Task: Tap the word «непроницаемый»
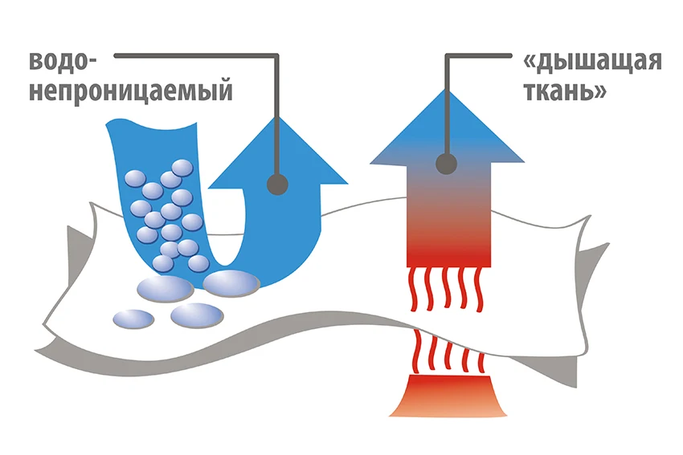130,90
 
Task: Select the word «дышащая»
592,63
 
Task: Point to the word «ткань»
563,90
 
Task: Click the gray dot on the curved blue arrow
277,184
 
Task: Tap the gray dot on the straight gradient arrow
447,165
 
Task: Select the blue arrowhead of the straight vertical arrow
447,120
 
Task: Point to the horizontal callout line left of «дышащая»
478,55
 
